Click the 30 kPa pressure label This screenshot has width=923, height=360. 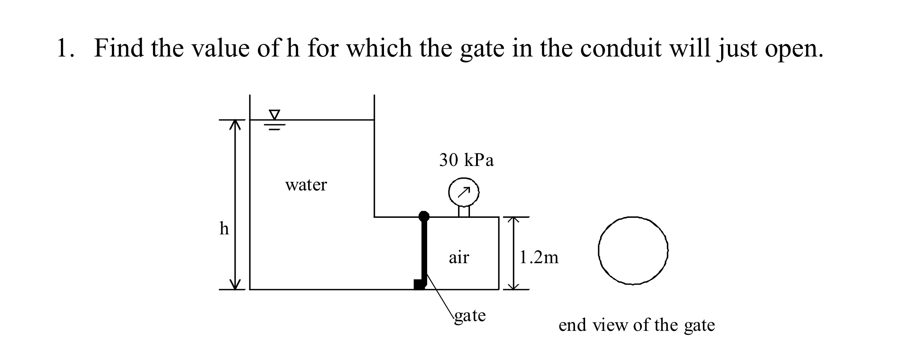pos(466,160)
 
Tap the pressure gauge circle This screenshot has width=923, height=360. pos(464,193)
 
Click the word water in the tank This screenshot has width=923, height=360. pos(306,185)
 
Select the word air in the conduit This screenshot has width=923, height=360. pos(459,257)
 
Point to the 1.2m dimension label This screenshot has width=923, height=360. pos(539,257)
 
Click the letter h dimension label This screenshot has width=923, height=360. pos(224,228)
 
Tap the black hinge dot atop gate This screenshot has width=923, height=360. pos(424,216)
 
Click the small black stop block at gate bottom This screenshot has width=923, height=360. pos(419,284)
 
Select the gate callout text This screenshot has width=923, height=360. pos(470,316)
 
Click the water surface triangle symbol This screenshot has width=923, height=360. pos(275,115)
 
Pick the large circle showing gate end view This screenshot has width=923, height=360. pos(633,251)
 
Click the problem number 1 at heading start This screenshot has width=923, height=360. pos(63,48)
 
